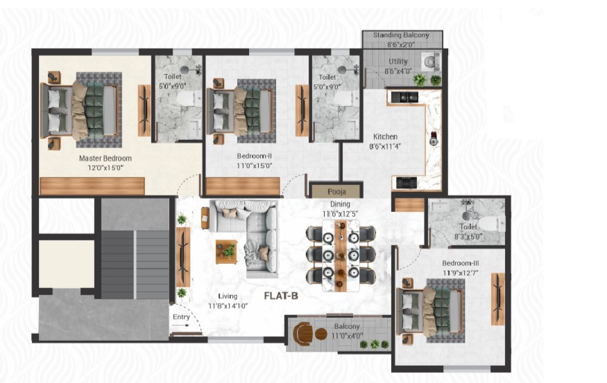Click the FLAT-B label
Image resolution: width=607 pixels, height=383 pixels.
(281, 296)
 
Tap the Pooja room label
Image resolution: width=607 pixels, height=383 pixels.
(336, 192)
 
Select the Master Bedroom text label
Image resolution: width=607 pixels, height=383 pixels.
(105, 158)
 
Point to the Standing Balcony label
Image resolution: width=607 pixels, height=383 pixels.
(401, 35)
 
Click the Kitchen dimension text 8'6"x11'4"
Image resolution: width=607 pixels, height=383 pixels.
(385, 146)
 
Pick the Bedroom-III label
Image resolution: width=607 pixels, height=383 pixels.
(461, 263)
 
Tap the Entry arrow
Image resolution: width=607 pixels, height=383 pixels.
(180, 326)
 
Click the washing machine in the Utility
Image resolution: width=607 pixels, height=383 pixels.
(431, 62)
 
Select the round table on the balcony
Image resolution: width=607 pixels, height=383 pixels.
(321, 334)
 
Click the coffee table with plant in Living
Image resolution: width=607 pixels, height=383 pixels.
(226, 252)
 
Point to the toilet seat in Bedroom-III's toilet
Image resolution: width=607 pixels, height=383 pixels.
(492, 224)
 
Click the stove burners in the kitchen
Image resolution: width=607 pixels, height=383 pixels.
(407, 182)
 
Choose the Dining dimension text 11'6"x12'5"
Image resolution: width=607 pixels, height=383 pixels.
(341, 214)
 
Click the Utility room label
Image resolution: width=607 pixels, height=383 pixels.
(398, 62)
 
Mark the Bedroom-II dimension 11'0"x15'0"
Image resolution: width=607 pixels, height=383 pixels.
(255, 166)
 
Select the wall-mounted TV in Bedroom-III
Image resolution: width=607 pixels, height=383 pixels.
(498, 299)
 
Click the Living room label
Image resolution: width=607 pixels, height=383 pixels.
(228, 296)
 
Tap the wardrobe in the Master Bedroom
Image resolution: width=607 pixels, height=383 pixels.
(92, 186)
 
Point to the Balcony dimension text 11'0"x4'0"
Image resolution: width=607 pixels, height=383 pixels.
(348, 336)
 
